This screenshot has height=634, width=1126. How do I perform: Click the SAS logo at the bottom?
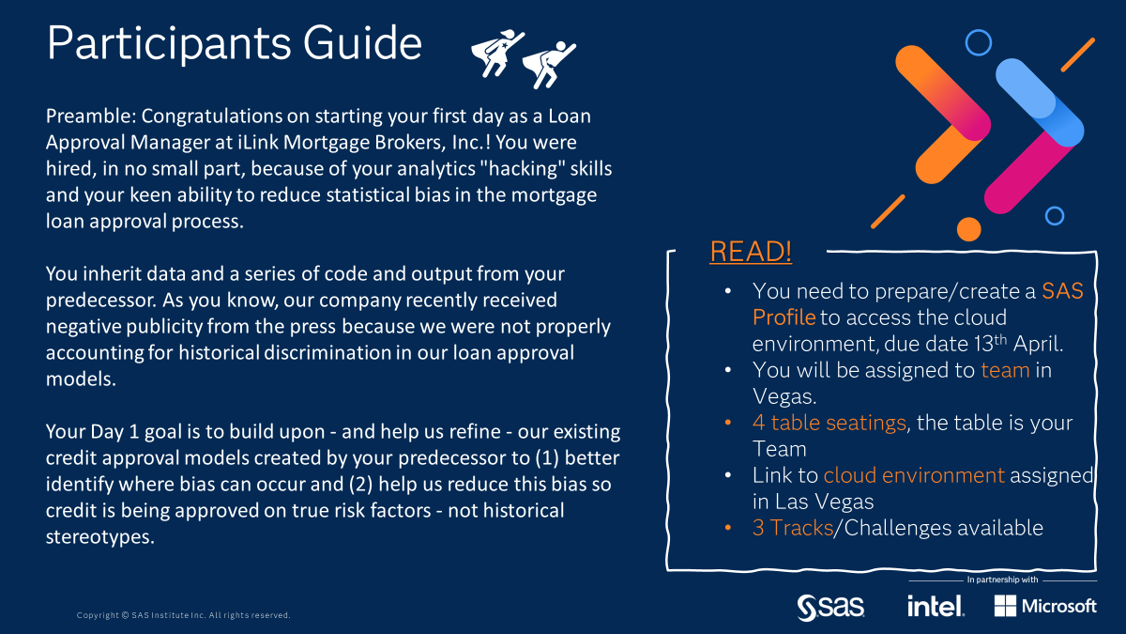[830, 606]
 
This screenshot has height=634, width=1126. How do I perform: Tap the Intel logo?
[935, 606]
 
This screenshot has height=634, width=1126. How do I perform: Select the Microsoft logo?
[1044, 606]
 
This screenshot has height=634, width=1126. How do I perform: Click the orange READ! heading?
[751, 252]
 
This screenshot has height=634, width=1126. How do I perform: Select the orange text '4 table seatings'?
[829, 423]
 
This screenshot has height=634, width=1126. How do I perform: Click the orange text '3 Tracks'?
[792, 528]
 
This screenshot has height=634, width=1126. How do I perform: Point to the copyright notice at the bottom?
[183, 615]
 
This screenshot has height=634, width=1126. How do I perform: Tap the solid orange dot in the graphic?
[969, 228]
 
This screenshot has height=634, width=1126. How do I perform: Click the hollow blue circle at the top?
[979, 41]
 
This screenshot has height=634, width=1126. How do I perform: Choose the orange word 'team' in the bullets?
[1005, 370]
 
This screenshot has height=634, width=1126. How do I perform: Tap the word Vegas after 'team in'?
[786, 395]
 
